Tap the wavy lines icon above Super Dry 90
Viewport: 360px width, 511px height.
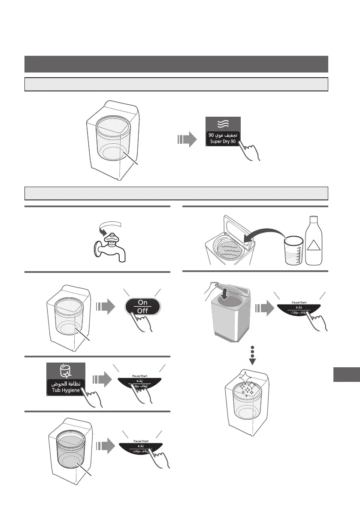click(x=222, y=123)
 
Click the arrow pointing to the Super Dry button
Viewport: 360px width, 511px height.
click(x=185, y=139)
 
